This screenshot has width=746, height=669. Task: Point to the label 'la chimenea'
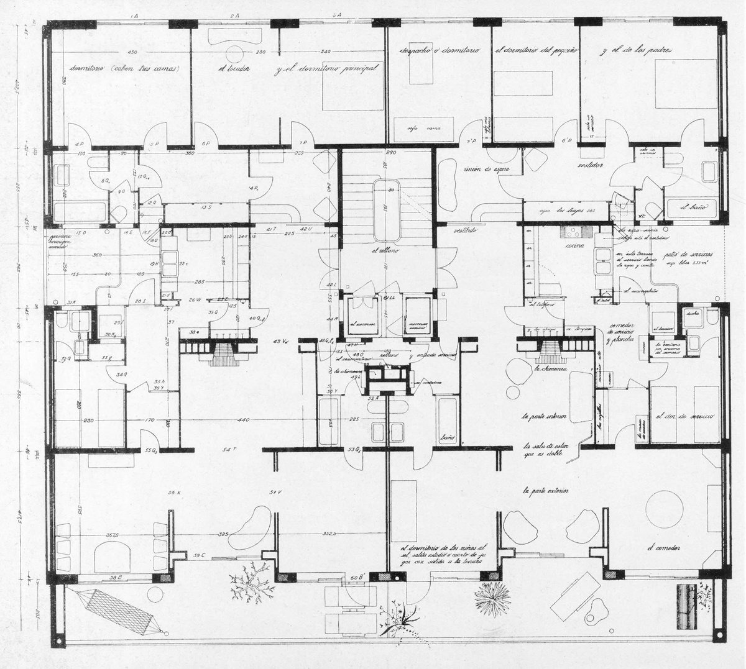coord(549,368)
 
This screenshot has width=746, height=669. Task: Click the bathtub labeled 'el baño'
coord(693,207)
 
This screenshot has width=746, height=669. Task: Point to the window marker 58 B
coord(115,577)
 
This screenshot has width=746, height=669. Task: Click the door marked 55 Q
coord(151,450)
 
